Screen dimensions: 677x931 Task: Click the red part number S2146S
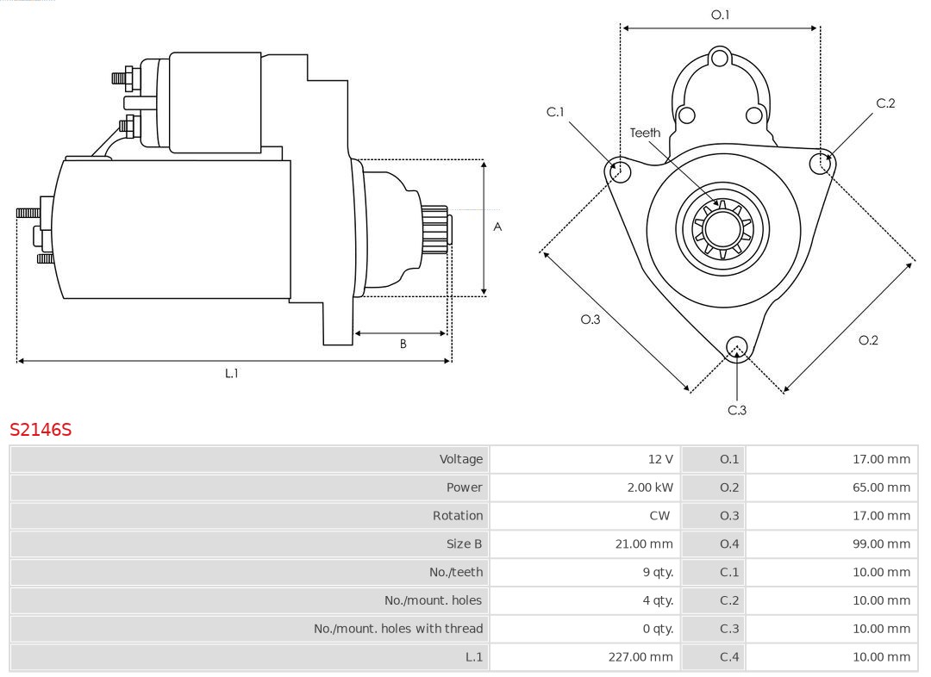click(41, 429)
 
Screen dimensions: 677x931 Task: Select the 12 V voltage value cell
click(661, 459)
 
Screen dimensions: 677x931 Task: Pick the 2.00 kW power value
click(650, 488)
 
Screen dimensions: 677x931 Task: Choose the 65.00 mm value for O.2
click(881, 488)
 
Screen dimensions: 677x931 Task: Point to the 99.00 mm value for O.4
click(881, 544)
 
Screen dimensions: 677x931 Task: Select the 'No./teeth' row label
click(456, 572)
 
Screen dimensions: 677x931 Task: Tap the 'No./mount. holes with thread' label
click(398, 629)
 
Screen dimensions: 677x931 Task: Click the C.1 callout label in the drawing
click(555, 112)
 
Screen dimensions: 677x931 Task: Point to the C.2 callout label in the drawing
click(885, 103)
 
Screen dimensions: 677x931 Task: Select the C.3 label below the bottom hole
click(737, 410)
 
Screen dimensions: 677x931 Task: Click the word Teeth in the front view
click(645, 133)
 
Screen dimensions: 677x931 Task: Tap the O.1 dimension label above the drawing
click(720, 15)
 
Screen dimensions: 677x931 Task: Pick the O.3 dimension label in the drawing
click(590, 320)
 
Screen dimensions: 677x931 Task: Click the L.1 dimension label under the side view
click(232, 373)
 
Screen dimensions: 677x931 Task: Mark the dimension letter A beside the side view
click(497, 227)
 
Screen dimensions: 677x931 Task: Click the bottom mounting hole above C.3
click(736, 348)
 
